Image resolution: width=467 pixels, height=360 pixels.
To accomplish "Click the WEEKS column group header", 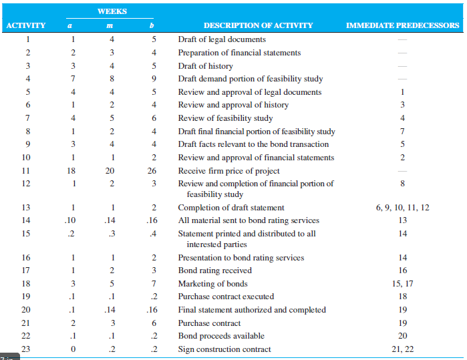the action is [112, 11].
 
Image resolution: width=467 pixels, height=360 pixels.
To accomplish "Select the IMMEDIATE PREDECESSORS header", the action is [402, 25].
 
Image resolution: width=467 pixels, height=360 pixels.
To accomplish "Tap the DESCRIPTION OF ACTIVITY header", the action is [259, 25].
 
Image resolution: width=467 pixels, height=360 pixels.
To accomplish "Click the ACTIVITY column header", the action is [26, 25].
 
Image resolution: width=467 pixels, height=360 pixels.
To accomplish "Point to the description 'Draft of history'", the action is [206, 66].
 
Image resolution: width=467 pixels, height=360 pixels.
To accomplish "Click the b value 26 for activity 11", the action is [152, 170].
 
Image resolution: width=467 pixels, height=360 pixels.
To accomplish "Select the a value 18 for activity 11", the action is [71, 170].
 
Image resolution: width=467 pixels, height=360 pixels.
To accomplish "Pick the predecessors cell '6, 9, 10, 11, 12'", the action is [403, 208].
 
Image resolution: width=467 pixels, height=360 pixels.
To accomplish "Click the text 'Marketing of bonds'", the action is [212, 283].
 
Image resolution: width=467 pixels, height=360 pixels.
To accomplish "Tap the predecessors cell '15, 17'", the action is [403, 283].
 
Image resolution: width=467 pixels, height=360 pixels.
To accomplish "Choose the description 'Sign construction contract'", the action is [224, 349].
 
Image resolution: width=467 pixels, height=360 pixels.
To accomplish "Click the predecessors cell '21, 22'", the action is [403, 349].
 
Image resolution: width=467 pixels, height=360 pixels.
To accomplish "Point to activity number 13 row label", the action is [26, 208].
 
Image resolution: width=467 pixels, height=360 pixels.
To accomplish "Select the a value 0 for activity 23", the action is [73, 349].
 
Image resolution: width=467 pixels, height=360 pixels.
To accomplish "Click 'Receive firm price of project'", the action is [228, 170].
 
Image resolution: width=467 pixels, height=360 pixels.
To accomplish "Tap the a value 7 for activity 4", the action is [73, 79].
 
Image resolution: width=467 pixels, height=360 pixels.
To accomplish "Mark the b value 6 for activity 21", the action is [154, 323].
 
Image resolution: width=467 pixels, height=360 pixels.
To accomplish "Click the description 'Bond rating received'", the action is [214, 271].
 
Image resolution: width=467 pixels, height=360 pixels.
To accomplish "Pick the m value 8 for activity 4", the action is [112, 79].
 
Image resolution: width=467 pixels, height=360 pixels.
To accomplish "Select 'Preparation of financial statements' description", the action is [239, 53].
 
